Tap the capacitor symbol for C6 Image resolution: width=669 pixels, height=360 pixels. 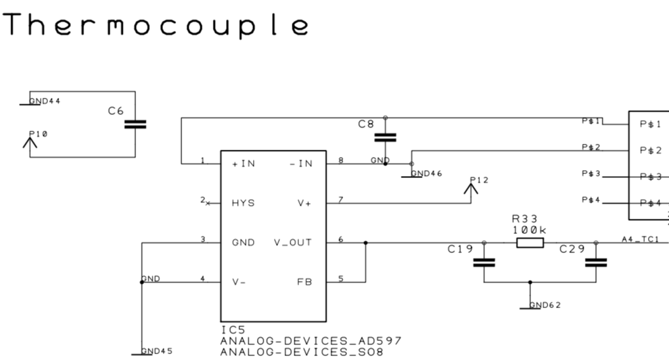135,124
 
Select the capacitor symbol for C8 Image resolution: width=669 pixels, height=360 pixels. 385,137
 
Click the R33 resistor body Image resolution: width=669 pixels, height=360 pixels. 530,243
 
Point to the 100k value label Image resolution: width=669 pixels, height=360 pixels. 529,230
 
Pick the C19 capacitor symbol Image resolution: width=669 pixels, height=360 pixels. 484,263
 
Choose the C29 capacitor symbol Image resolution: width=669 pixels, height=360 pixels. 596,263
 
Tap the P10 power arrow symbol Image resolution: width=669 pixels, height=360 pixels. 30,142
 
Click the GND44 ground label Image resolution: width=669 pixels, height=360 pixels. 45,101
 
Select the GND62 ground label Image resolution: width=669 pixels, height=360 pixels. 545,305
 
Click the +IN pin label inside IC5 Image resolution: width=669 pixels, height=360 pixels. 243,164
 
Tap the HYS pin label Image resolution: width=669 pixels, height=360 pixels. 243,203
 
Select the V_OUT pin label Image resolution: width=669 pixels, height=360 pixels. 292,242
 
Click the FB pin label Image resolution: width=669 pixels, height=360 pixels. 305,282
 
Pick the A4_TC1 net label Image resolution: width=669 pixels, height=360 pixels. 640,240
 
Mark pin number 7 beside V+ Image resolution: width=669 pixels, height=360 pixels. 340,199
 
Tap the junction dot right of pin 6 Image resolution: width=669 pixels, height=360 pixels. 365,243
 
